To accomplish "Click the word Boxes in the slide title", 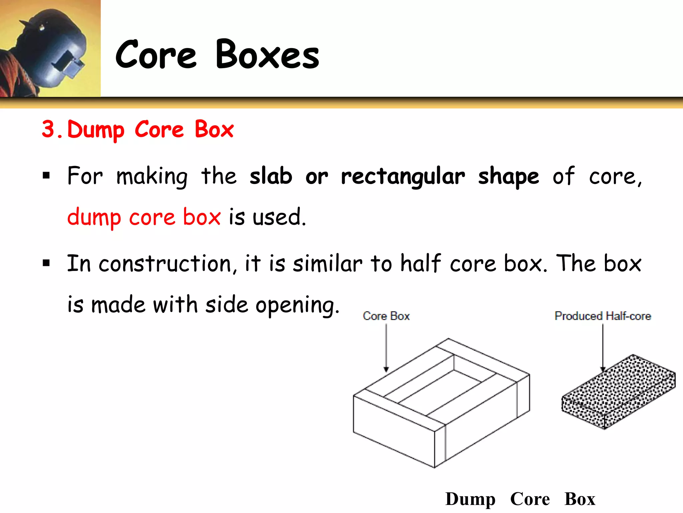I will click(267, 54).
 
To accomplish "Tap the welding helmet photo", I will click(50, 48).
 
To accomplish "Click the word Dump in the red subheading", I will click(96, 130).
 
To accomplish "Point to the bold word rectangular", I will click(403, 177).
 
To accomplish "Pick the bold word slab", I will click(271, 176).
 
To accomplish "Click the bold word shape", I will click(508, 177).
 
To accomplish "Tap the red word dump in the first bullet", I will click(94, 217).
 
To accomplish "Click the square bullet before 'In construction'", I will click(46, 263).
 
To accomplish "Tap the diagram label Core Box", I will click(386, 316).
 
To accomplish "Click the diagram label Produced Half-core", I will click(603, 316).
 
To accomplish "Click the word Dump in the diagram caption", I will click(470, 499).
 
